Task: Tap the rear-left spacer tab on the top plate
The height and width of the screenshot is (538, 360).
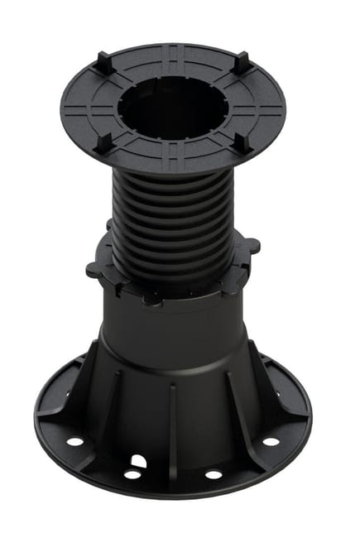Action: [x=101, y=61]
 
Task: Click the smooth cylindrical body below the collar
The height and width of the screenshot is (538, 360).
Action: [x=174, y=331]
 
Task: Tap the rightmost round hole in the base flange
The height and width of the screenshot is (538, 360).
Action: [x=271, y=441]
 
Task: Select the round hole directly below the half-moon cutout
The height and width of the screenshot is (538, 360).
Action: [x=132, y=474]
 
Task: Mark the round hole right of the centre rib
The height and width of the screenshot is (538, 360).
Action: [x=214, y=474]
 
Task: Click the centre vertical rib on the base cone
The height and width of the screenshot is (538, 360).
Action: [x=172, y=422]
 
